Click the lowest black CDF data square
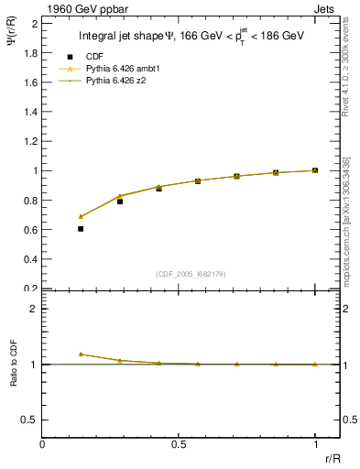[81, 229]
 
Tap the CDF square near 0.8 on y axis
[120, 201]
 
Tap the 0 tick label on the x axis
[43, 443]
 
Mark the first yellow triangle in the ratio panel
[81, 354]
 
